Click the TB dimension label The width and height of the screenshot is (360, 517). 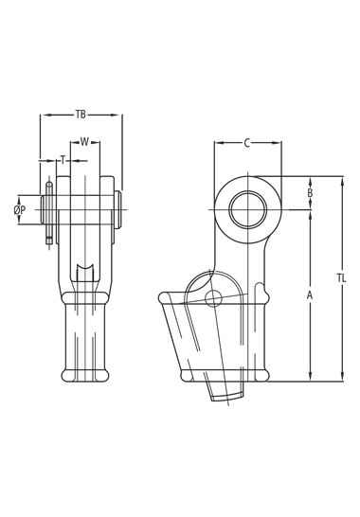[x=81, y=115]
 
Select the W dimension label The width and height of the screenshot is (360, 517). [x=85, y=142]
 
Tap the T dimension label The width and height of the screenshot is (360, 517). [x=63, y=161]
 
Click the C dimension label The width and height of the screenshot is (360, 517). [x=247, y=143]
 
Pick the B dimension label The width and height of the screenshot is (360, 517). [x=310, y=193]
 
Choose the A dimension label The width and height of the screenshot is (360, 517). [x=310, y=295]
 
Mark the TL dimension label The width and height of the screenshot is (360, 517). [x=342, y=278]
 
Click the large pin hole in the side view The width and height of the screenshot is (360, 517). [x=248, y=209]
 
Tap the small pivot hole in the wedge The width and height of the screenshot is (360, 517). [x=213, y=298]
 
